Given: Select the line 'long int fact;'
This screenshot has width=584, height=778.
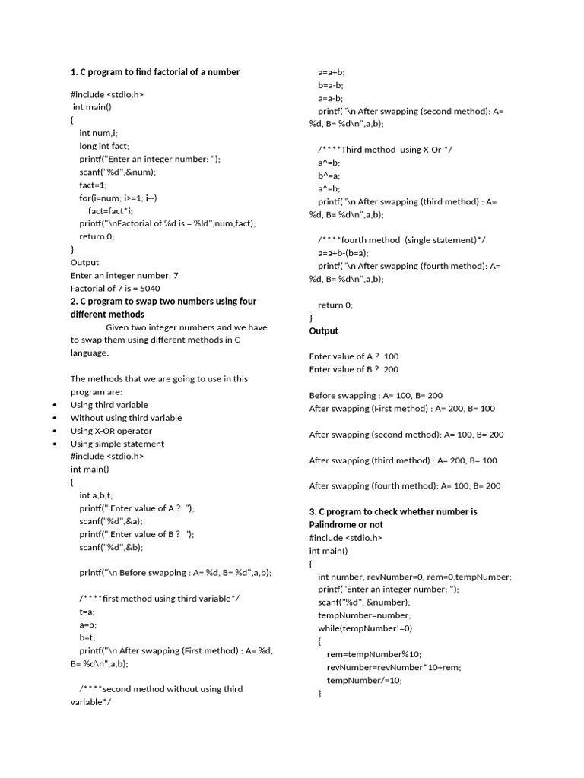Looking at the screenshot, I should pyautogui.click(x=104, y=146).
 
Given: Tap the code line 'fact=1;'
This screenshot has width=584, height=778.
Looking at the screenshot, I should pyautogui.click(x=94, y=185).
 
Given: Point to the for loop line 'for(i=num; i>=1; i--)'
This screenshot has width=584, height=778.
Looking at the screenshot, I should pyautogui.click(x=118, y=198).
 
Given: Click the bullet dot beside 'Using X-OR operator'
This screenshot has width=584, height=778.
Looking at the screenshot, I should pyautogui.click(x=55, y=431).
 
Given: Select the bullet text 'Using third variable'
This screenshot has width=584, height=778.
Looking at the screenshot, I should pyautogui.click(x=109, y=405).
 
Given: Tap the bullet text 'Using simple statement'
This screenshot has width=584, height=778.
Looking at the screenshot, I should pyautogui.click(x=117, y=444).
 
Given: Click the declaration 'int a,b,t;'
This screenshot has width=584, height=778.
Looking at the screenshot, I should pyautogui.click(x=96, y=495).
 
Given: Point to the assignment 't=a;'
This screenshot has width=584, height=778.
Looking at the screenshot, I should pyautogui.click(x=87, y=611).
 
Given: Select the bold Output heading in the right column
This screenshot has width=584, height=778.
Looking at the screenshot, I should pyautogui.click(x=324, y=331).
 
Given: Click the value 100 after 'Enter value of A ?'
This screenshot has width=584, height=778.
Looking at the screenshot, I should pyautogui.click(x=392, y=356).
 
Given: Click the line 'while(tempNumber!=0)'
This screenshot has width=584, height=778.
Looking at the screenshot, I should pyautogui.click(x=364, y=628).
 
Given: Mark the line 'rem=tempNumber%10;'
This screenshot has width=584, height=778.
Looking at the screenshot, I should pyautogui.click(x=373, y=654).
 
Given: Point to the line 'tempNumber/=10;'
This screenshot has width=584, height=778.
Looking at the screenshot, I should pyautogui.click(x=364, y=680).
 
